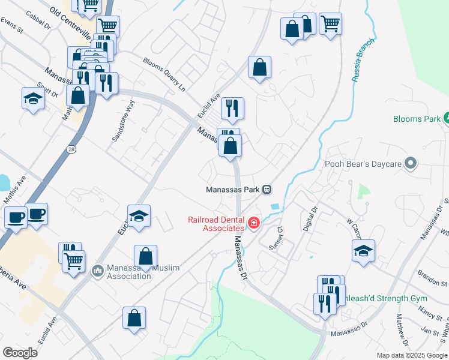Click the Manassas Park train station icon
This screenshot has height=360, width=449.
click(x=267, y=190)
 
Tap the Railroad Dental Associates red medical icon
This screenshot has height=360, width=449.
click(x=255, y=224)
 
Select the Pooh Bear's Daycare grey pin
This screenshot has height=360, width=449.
click(x=411, y=163)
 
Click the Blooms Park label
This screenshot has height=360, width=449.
click(x=417, y=119)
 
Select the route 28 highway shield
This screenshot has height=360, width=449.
click(x=71, y=151)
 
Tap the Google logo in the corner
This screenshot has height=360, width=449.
click(x=20, y=352)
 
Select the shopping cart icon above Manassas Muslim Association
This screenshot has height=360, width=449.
click(x=73, y=262)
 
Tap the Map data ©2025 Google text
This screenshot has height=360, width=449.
click(x=412, y=355)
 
